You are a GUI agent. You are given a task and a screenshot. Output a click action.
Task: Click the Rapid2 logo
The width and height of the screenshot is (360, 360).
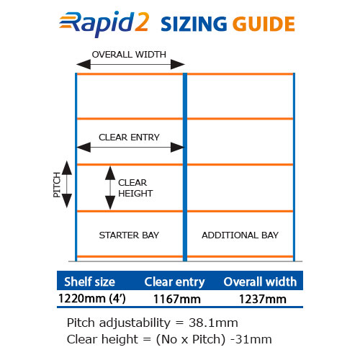click(104, 24)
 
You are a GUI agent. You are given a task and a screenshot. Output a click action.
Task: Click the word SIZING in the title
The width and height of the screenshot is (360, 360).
click(194, 24)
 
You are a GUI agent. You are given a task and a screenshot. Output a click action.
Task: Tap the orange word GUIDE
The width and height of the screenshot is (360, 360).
click(264, 24)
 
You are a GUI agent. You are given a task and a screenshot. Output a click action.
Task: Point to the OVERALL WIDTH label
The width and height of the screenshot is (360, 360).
click(129, 55)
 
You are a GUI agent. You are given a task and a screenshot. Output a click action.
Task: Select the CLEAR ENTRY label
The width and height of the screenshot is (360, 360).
click(129, 138)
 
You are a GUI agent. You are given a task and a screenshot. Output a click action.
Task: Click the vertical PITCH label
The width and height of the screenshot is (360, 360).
click(57, 184)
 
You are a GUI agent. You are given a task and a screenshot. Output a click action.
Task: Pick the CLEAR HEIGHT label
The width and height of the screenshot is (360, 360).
click(135, 188)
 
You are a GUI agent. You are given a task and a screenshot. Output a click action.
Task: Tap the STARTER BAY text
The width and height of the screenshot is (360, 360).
click(129, 235)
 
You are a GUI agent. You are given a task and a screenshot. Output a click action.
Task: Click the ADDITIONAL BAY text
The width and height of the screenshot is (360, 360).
click(240, 235)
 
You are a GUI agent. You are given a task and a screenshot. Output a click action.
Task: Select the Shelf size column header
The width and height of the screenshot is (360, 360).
click(89, 282)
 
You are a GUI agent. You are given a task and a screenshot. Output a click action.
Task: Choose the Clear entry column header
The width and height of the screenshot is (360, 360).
click(174, 282)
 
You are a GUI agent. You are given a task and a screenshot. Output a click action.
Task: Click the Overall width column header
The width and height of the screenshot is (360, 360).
click(260, 282)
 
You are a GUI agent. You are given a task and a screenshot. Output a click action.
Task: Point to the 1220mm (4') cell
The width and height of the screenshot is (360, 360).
click(92, 299)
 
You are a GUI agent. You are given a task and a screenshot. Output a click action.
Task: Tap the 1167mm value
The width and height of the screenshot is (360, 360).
click(177, 300)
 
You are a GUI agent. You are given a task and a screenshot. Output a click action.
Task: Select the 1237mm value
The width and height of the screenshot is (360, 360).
click(263, 300)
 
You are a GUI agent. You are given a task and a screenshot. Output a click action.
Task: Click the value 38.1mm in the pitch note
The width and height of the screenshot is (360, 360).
click(213, 323)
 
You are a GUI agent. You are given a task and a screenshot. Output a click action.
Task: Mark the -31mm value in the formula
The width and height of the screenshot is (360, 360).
click(251, 339)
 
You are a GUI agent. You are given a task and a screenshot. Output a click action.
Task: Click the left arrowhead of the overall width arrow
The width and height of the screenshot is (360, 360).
click(84, 64)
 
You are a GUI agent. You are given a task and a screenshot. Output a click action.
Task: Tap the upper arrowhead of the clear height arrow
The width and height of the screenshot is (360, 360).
click(110, 173)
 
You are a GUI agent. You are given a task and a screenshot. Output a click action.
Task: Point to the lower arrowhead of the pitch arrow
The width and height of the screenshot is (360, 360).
click(67, 201)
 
